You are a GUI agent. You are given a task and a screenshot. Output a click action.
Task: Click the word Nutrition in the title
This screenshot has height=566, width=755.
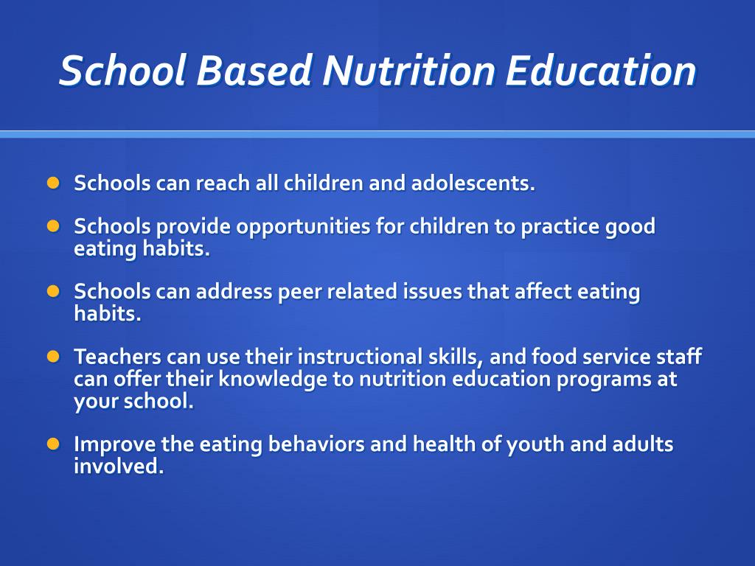point(408,70)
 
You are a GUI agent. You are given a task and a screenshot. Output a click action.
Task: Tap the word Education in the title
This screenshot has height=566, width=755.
point(601,70)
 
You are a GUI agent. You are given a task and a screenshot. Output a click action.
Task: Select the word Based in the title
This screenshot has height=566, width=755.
point(254,70)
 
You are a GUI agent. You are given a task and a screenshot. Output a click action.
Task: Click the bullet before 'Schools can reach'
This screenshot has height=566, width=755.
point(53,183)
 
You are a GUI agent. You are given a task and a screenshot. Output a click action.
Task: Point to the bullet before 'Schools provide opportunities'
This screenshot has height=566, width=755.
point(53,226)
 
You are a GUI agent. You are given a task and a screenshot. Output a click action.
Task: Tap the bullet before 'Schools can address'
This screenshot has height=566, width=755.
point(53,291)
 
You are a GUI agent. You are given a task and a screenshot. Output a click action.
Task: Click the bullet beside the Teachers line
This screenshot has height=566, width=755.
point(53,357)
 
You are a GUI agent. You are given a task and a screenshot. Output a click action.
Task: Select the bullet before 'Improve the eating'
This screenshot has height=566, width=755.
point(53,444)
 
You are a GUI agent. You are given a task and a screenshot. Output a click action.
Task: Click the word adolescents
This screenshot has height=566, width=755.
point(473,183)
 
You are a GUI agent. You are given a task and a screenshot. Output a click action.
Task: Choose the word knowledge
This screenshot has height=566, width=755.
point(274,380)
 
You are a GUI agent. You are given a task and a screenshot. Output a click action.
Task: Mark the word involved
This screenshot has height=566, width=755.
point(119,466)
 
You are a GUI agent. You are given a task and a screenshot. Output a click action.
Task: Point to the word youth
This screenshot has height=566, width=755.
point(535,444)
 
